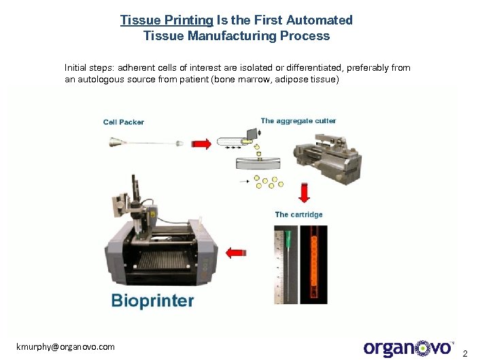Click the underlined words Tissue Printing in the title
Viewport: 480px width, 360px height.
(x=167, y=20)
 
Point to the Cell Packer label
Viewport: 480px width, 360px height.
(x=124, y=122)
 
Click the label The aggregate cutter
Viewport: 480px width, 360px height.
(x=298, y=121)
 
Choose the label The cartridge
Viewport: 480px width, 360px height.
(x=298, y=214)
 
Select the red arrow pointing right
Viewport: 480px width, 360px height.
(x=201, y=144)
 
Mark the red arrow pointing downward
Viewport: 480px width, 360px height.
(x=304, y=191)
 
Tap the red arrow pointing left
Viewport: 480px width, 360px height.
(x=235, y=253)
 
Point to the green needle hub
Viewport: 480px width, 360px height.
(x=288, y=238)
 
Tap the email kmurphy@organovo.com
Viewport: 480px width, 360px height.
(x=66, y=346)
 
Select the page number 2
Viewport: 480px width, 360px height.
(x=465, y=353)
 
